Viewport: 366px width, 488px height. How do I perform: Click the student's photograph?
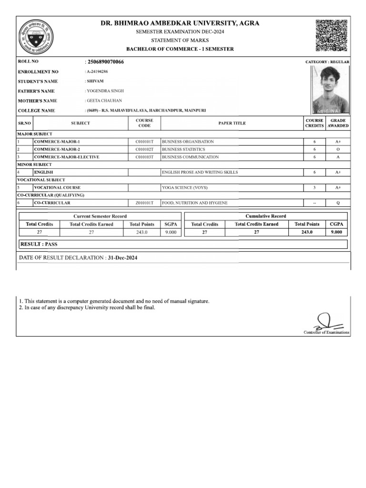(x=330, y=89)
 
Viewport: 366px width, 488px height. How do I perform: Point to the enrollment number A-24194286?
(x=97, y=71)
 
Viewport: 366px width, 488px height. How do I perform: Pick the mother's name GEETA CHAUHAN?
(x=104, y=101)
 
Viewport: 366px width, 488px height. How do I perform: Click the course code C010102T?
(x=144, y=149)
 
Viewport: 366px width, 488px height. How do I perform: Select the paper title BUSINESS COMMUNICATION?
(x=191, y=157)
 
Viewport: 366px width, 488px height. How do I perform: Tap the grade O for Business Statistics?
(x=338, y=149)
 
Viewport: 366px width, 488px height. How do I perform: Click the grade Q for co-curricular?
(x=338, y=203)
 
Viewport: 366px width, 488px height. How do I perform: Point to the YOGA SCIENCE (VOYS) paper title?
(x=184, y=188)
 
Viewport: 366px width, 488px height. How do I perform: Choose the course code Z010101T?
(x=144, y=203)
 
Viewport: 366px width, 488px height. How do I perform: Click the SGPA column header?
(x=171, y=224)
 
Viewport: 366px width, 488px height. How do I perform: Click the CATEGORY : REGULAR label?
(x=327, y=62)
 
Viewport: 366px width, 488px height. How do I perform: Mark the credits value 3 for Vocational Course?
(x=315, y=188)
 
